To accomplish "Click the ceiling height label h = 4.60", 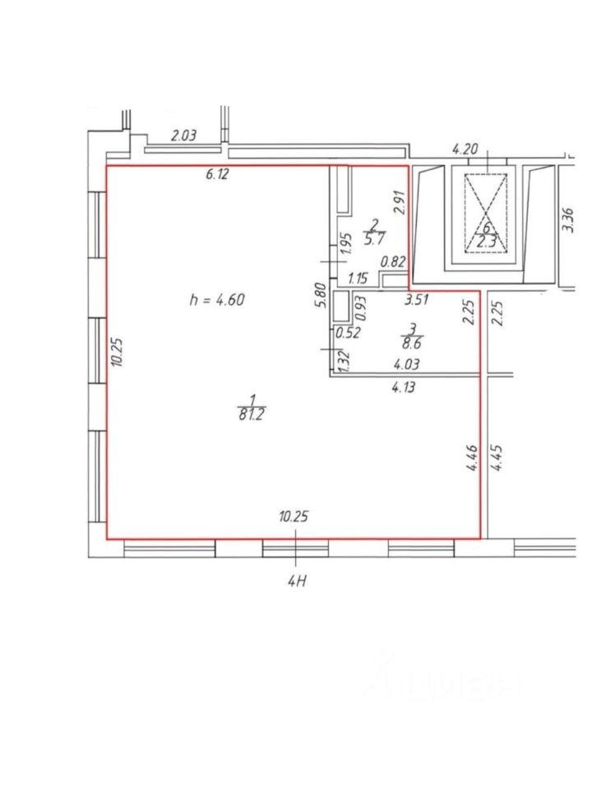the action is (217, 300).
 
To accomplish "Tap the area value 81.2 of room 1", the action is (252, 414).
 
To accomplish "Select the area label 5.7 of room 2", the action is (375, 238).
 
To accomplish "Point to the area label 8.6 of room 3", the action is (412, 344).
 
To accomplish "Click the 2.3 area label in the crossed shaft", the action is (486, 241).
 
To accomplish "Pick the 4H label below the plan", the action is (297, 581).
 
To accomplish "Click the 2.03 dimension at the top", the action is (183, 136).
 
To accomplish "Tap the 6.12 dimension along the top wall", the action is (217, 174).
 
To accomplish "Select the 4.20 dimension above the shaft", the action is (465, 150).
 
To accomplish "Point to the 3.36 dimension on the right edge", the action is (567, 220).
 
